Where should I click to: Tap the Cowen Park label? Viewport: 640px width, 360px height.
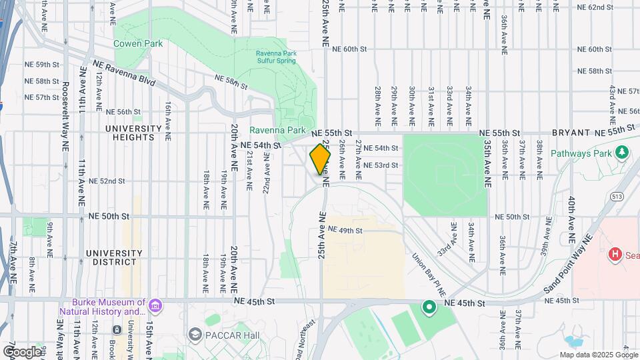(138, 43)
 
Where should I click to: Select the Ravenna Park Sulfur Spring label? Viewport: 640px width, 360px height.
(276, 57)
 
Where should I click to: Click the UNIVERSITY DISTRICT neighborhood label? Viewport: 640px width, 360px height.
(114, 258)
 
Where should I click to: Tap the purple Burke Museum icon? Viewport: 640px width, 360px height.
(155, 307)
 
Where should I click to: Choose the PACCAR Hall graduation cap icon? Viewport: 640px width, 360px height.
(195, 333)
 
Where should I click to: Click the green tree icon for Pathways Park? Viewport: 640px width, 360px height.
(623, 153)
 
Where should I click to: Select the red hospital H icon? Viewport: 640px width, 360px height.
(616, 255)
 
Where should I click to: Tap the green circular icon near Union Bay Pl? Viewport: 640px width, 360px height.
(429, 307)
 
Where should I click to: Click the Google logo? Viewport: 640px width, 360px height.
(22, 351)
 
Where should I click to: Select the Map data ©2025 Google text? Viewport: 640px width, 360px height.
(598, 355)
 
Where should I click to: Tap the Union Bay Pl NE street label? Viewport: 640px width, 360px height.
(427, 270)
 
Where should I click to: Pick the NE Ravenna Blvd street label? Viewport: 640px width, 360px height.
(124, 73)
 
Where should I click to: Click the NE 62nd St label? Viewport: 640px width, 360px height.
(595, 7)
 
